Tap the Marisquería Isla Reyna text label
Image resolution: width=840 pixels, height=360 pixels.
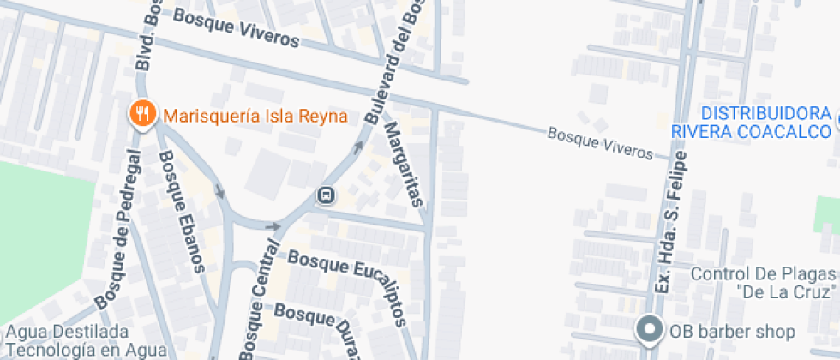click(255, 116)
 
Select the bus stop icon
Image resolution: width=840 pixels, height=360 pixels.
click(326, 196)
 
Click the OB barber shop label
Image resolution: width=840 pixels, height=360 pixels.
click(733, 331)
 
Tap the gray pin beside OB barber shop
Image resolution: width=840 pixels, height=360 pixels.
click(649, 329)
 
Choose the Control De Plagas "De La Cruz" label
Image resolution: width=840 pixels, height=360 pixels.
click(762, 283)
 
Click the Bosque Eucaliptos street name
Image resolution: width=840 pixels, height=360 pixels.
click(347, 265)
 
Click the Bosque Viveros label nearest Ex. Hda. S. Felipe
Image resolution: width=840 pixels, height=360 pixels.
click(599, 142)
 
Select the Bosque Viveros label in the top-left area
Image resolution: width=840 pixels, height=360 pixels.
click(236, 28)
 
